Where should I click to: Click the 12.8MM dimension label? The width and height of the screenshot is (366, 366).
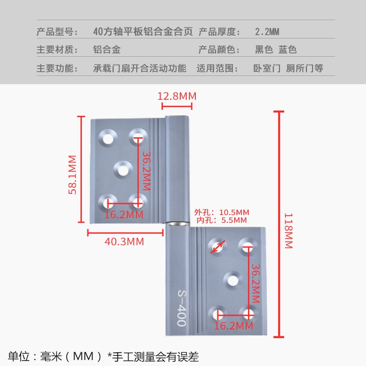coord(177,97)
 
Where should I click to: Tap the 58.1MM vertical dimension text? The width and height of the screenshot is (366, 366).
coord(73,175)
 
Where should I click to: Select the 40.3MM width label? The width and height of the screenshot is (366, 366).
coord(124,242)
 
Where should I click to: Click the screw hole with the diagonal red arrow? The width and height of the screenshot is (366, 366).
coord(218,247)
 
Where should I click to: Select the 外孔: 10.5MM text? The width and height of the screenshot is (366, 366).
coord(221,212)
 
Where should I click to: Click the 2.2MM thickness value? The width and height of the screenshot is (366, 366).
coord(267,32)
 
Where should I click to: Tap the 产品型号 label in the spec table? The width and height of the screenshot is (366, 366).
coord(54,32)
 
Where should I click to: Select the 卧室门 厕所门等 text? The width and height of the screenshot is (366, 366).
coord(288,69)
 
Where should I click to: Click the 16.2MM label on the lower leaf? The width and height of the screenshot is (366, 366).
coord(234,326)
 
